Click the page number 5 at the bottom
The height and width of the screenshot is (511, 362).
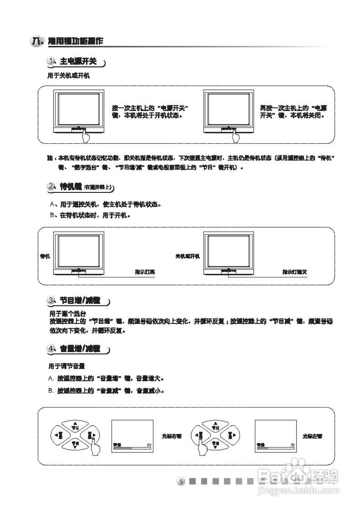[181, 481]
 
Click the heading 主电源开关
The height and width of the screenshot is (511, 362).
[78, 62]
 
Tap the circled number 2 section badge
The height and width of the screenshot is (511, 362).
[51, 186]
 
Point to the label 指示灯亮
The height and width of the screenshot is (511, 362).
[145, 272]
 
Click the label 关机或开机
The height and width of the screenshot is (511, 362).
[188, 256]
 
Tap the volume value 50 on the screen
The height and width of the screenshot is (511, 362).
[149, 445]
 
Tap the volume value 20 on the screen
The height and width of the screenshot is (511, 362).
[292, 445]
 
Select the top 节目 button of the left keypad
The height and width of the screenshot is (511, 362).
[75, 426]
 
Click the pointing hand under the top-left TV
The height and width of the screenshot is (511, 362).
[85, 137]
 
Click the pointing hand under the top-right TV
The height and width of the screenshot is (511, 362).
[236, 137]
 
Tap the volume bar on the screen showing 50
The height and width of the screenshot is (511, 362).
[132, 449]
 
